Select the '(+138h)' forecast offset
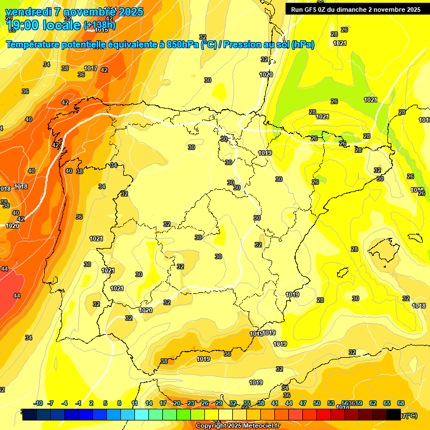tap(100, 25)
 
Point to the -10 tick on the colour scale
tap(38, 403)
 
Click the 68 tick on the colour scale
tap(401, 403)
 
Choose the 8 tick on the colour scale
tap(119, 403)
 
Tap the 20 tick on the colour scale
tap(177, 403)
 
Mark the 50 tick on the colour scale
tap(317, 403)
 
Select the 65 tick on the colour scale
tap(387, 403)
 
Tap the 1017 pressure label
tap(91, 69)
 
